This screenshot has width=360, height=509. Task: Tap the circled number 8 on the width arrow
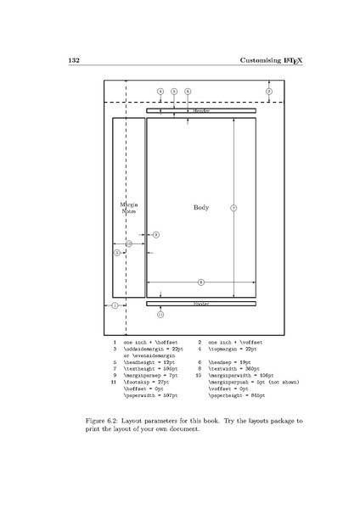pyautogui.click(x=200, y=281)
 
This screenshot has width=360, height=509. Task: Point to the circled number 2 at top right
pyautogui.click(x=268, y=91)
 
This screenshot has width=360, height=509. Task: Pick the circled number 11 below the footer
pyautogui.click(x=160, y=314)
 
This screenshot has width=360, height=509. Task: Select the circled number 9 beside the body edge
pyautogui.click(x=155, y=234)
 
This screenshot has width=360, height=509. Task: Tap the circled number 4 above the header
pyautogui.click(x=160, y=91)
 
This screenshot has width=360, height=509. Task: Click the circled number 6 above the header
pyautogui.click(x=188, y=91)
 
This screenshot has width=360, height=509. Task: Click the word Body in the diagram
pyautogui.click(x=201, y=207)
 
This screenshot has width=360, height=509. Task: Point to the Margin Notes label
pyautogui.click(x=128, y=208)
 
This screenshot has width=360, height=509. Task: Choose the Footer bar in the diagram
pyautogui.click(x=201, y=303)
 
